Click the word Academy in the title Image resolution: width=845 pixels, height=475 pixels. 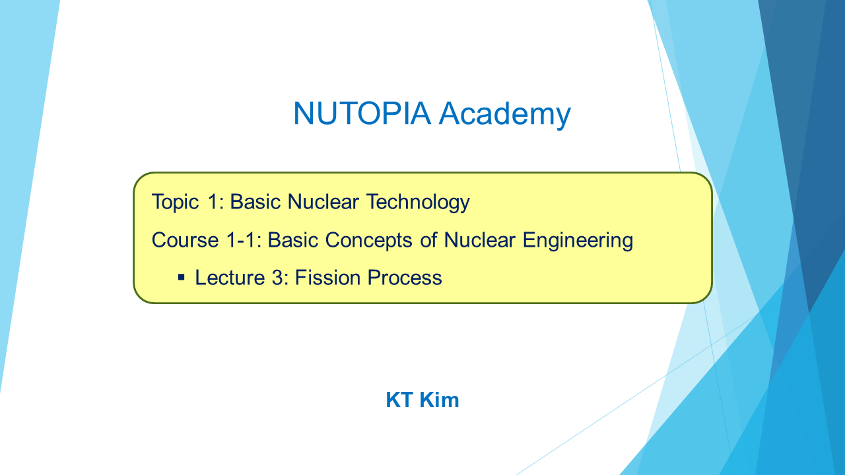click(505, 115)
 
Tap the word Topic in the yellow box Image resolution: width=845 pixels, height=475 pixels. click(175, 203)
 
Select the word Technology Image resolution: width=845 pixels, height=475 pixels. click(418, 203)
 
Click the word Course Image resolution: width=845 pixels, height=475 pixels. click(186, 240)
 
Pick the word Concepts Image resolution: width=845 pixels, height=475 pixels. click(368, 241)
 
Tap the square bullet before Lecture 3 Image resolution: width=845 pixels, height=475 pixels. click(181, 278)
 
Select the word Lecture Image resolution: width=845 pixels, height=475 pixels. click(230, 278)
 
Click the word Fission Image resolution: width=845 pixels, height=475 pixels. click(327, 278)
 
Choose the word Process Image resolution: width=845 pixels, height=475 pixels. click(405, 278)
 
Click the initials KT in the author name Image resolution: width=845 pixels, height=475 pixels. click(399, 400)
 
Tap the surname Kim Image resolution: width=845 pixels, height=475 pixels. click(439, 400)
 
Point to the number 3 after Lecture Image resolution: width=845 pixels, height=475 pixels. click(277, 278)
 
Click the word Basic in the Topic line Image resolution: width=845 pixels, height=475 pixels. click(255, 203)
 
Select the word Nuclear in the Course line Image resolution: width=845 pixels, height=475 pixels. click(479, 240)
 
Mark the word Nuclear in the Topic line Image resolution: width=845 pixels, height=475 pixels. click(323, 203)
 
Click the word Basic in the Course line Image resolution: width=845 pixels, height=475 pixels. click(292, 240)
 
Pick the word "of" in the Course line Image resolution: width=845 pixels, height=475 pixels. click(428, 240)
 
